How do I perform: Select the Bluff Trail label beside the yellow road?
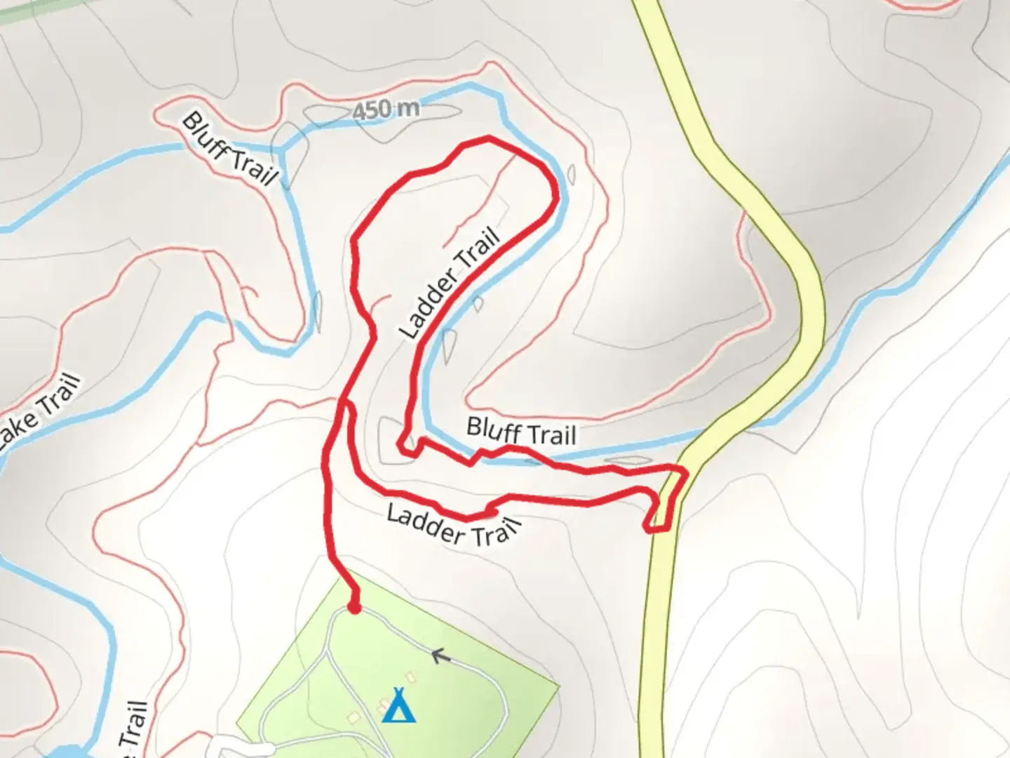pos(520,431)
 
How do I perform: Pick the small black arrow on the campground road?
pos(440,657)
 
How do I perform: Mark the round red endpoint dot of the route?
pos(355,608)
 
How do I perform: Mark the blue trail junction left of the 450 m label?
pos(281,149)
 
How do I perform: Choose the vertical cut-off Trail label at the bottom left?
pos(133,730)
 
